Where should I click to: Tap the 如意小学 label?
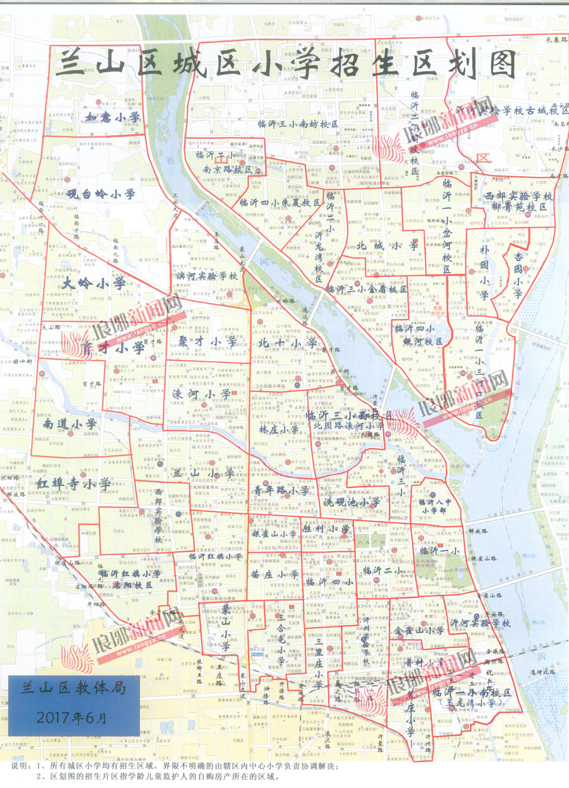(114, 117)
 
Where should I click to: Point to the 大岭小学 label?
(94, 284)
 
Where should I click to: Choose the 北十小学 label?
(288, 342)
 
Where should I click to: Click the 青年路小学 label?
(281, 489)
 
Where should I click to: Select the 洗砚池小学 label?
(351, 502)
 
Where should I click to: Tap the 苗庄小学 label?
(274, 574)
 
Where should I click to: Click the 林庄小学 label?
(278, 429)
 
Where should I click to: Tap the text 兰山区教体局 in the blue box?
(74, 688)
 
